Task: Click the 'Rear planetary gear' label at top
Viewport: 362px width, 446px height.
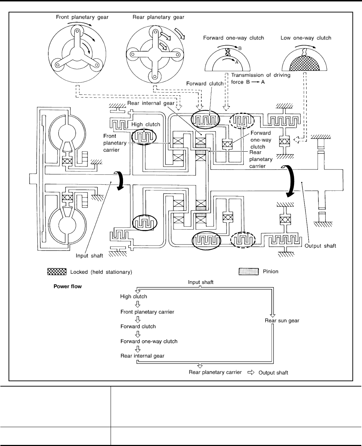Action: pos(153,16)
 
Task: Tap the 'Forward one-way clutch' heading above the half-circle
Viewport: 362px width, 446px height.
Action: pos(233,38)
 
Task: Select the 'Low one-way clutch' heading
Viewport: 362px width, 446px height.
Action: pos(306,38)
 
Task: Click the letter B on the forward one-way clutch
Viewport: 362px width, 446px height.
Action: pos(240,47)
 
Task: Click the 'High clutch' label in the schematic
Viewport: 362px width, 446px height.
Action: pos(146,125)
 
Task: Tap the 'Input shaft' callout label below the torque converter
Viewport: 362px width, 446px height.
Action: pos(89,255)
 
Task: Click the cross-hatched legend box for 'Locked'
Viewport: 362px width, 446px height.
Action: pos(57,272)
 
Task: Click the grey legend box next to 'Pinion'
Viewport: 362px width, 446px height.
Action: pos(248,272)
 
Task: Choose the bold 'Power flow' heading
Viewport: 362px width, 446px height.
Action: pos(68,286)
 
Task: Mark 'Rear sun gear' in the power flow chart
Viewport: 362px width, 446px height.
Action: pos(282,320)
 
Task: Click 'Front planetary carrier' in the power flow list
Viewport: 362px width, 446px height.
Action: pos(147,312)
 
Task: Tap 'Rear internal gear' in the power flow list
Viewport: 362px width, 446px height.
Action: pos(142,355)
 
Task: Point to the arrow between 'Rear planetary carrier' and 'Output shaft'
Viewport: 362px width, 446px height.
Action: pos(251,372)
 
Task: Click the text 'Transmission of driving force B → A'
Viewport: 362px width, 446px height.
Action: pos(261,78)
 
